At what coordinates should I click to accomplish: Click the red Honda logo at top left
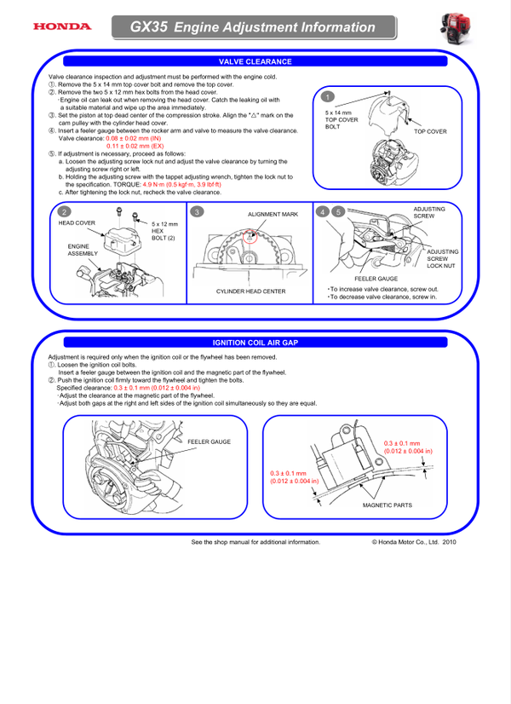(61, 26)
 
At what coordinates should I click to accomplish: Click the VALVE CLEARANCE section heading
(255, 62)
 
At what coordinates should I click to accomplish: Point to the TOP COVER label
(430, 132)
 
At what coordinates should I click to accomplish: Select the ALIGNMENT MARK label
(273, 215)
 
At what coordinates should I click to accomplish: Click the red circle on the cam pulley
(249, 239)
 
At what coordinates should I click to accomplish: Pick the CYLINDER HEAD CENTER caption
(251, 291)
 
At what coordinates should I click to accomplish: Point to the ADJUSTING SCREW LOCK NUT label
(442, 259)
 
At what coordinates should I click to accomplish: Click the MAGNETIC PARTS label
(387, 505)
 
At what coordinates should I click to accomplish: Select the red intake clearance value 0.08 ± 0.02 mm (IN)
(133, 138)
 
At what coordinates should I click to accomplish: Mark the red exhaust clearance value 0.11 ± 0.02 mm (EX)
(134, 146)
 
